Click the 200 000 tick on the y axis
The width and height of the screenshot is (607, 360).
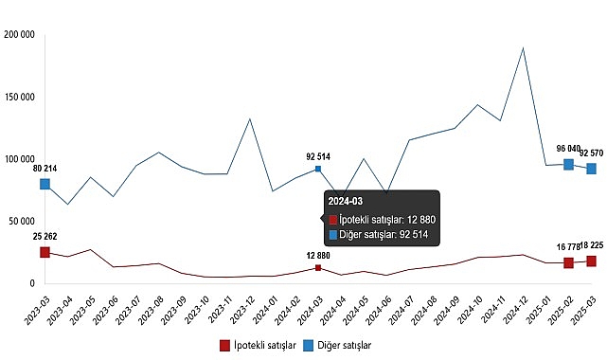tap(20, 35)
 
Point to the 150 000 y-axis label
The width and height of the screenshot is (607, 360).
tap(20, 97)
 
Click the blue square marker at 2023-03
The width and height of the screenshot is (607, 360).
tap(45, 184)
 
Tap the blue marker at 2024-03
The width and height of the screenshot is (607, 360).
tap(318, 169)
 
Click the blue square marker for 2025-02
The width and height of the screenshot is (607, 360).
tap(568, 164)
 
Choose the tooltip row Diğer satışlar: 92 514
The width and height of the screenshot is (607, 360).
tap(384, 235)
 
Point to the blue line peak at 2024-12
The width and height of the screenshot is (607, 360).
tap(523, 47)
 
